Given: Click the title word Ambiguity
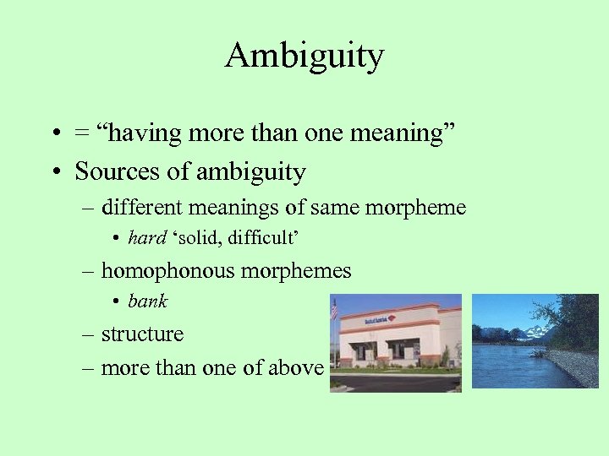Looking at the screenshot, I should pyautogui.click(x=304, y=57).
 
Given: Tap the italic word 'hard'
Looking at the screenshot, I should pyautogui.click(x=146, y=238).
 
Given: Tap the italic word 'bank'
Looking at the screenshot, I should pyautogui.click(x=148, y=301).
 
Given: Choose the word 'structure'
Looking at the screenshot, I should pyautogui.click(x=142, y=334).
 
